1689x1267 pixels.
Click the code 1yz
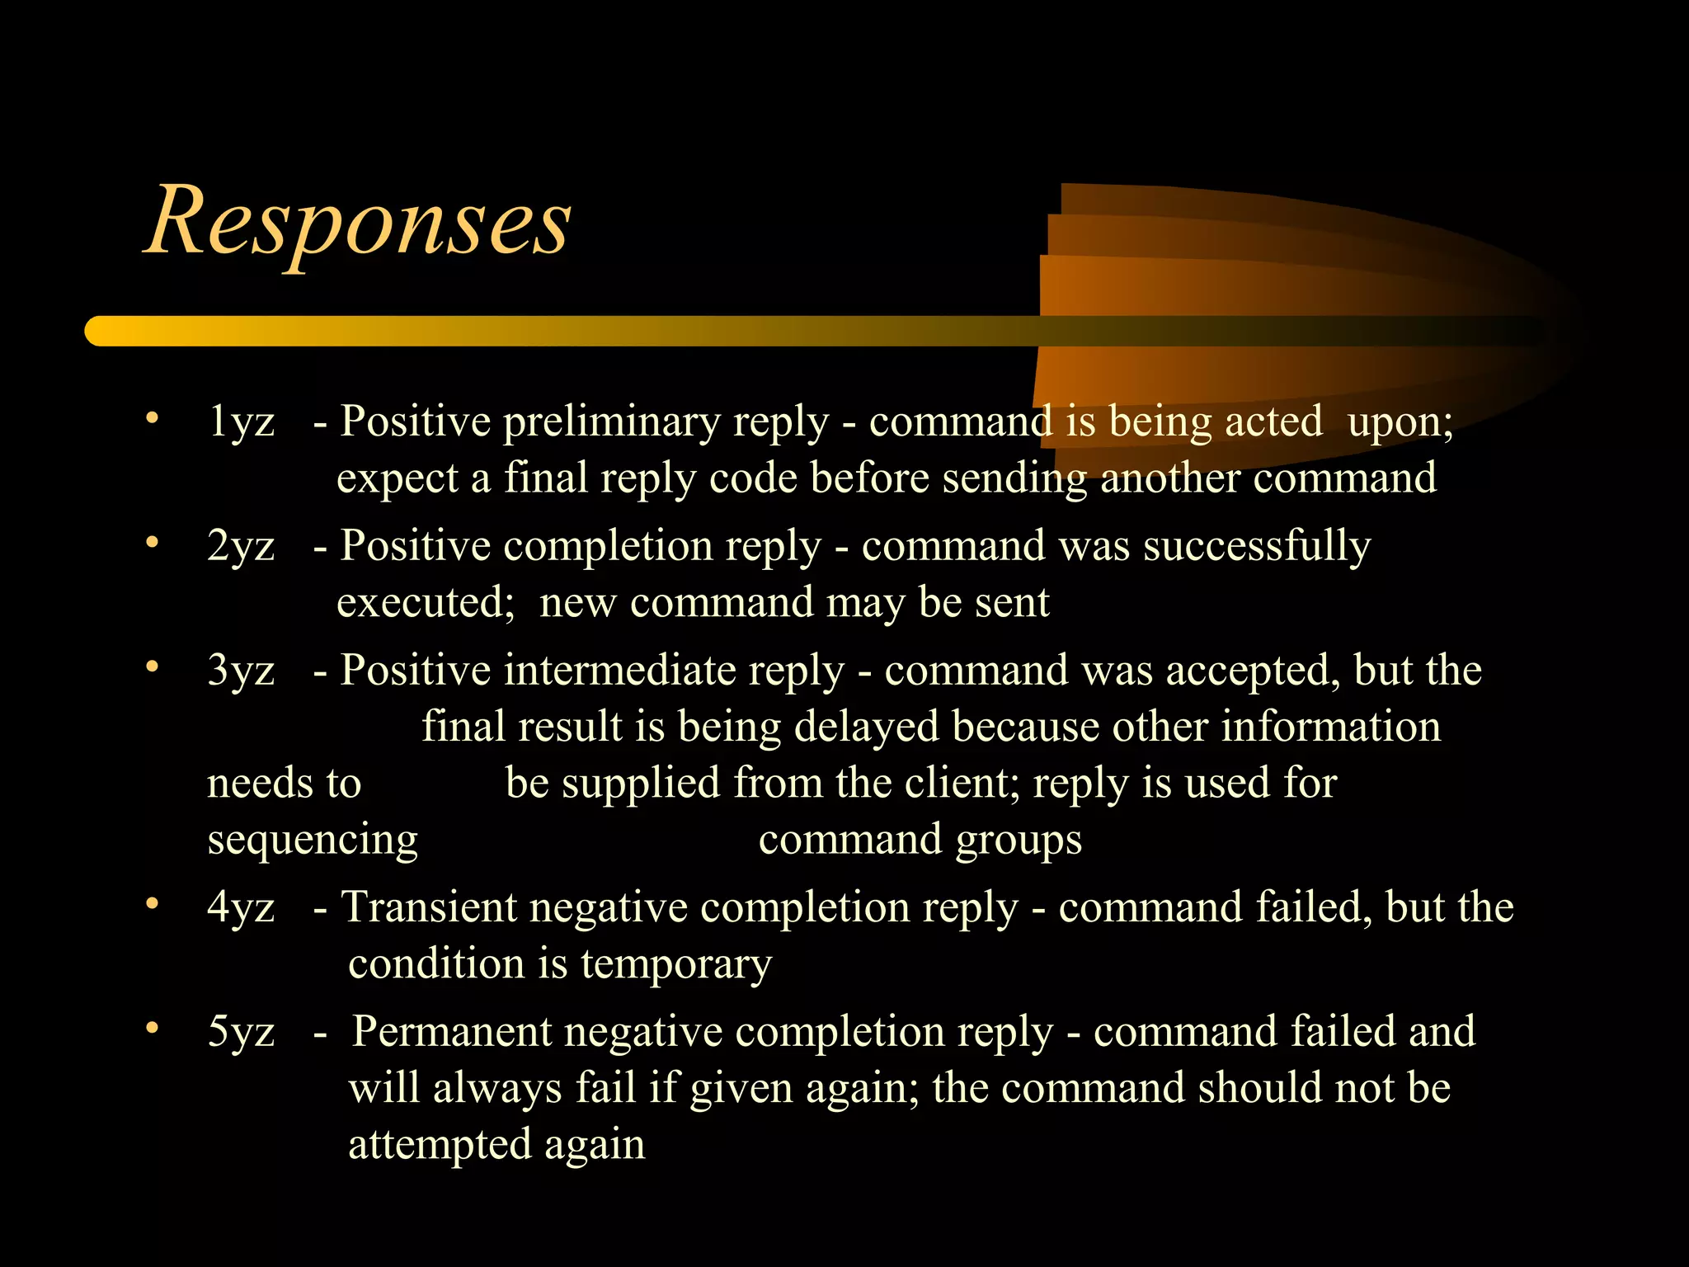241,422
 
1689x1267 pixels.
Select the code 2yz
241,546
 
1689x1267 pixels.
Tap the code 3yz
241,670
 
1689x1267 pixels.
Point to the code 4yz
241,907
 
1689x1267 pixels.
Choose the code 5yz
241,1032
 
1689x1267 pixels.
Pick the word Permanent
452,1032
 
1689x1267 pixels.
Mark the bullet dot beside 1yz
152,418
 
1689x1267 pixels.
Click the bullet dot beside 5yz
152,1029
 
